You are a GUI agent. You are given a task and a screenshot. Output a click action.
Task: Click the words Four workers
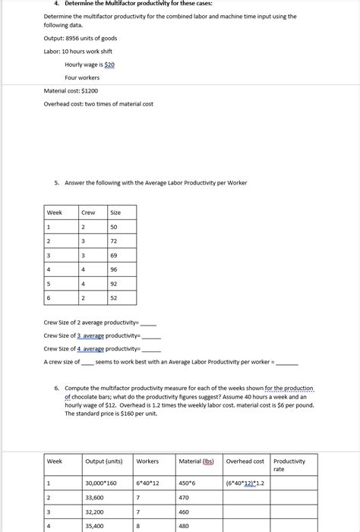[82, 77]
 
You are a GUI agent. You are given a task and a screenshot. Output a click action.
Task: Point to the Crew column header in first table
[88, 212]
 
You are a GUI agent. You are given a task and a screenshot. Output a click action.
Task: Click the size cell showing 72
[114, 241]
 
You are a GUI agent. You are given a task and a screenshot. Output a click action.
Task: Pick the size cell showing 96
[114, 269]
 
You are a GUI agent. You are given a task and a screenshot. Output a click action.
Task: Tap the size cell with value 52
[114, 298]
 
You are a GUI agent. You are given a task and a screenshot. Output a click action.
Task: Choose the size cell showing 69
[114, 255]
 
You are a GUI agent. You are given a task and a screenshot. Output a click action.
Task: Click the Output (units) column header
[104, 461]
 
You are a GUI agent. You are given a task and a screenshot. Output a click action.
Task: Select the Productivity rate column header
[289, 464]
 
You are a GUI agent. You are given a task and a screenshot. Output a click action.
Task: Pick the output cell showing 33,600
[96, 498]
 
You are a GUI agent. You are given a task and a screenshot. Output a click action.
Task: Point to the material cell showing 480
[185, 525]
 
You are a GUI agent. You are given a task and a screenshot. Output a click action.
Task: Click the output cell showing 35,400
[96, 525]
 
